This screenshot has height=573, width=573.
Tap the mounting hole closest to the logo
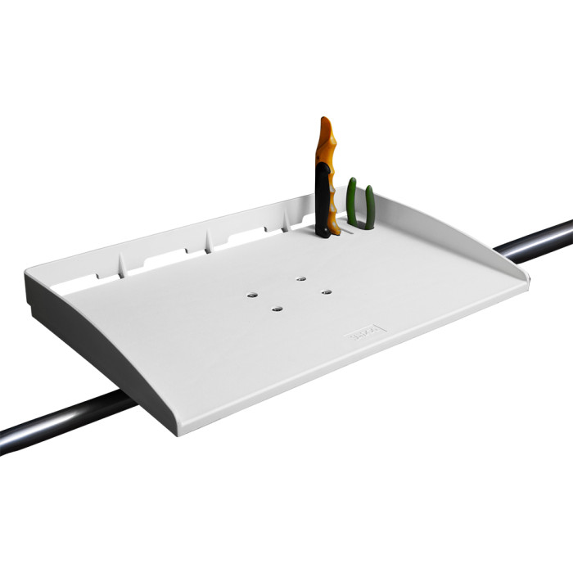[326, 291]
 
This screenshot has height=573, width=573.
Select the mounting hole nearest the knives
[301, 278]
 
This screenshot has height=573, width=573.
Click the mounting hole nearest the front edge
[277, 309]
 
